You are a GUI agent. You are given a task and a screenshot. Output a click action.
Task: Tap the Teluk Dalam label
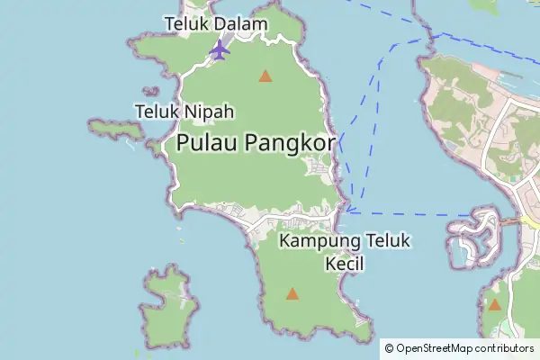[x=215, y=22]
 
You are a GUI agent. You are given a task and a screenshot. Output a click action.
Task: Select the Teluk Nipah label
[x=184, y=112]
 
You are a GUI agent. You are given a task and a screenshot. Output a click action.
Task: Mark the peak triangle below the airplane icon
[x=265, y=76]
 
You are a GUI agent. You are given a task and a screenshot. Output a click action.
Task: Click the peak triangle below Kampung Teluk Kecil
[x=292, y=293]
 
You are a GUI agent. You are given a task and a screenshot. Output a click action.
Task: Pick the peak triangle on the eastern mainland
[x=494, y=305]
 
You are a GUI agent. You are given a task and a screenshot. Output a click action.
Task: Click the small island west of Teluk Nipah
[x=116, y=129]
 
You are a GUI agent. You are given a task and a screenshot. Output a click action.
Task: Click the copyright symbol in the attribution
[x=389, y=348]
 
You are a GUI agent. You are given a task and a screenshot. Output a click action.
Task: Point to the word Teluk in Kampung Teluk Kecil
[x=388, y=241]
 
